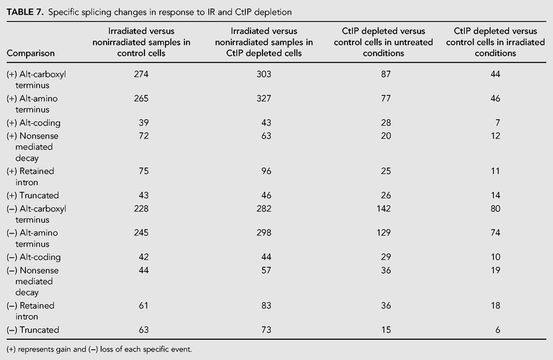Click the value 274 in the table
pos(141,74)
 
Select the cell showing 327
pos(264,99)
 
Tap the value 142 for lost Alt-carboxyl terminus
pos(383,209)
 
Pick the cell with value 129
pos(383,233)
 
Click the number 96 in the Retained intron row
pos(267,171)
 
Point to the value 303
pos(264,74)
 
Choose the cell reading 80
pos(495,209)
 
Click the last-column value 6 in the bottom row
pos(498,329)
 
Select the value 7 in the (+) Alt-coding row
pos(498,123)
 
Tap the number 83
pos(267,305)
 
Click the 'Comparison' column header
pos(31,53)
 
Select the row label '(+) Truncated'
pos(33,195)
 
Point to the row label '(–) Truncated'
pos(33,330)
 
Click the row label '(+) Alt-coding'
pos(33,123)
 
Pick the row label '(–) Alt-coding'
pos(33,257)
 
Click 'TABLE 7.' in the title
pos(25,12)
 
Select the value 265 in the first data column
pos(141,99)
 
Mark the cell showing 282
pos(264,209)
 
